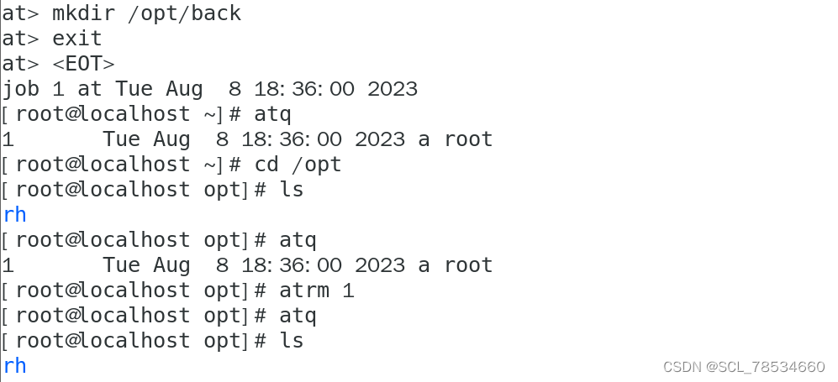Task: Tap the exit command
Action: [76, 39]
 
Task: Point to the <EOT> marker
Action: [83, 64]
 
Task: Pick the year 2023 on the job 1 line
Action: [392, 89]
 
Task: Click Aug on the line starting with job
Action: [177, 89]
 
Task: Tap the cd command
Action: [266, 165]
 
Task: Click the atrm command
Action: [303, 290]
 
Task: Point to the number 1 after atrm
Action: [348, 290]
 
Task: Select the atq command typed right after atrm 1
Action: [298, 316]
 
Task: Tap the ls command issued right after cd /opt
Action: [291, 190]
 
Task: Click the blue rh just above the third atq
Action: [14, 215]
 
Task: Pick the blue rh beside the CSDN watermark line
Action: [14, 366]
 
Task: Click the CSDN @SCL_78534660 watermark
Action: [743, 367]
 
